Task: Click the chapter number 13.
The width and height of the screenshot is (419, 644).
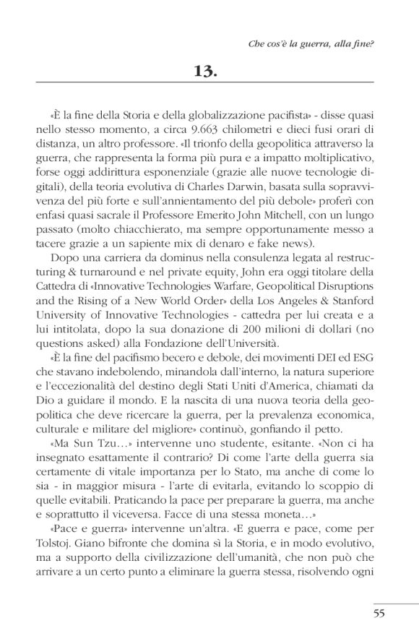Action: [209, 71]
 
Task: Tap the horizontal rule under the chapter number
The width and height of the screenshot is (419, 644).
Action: [209, 85]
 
